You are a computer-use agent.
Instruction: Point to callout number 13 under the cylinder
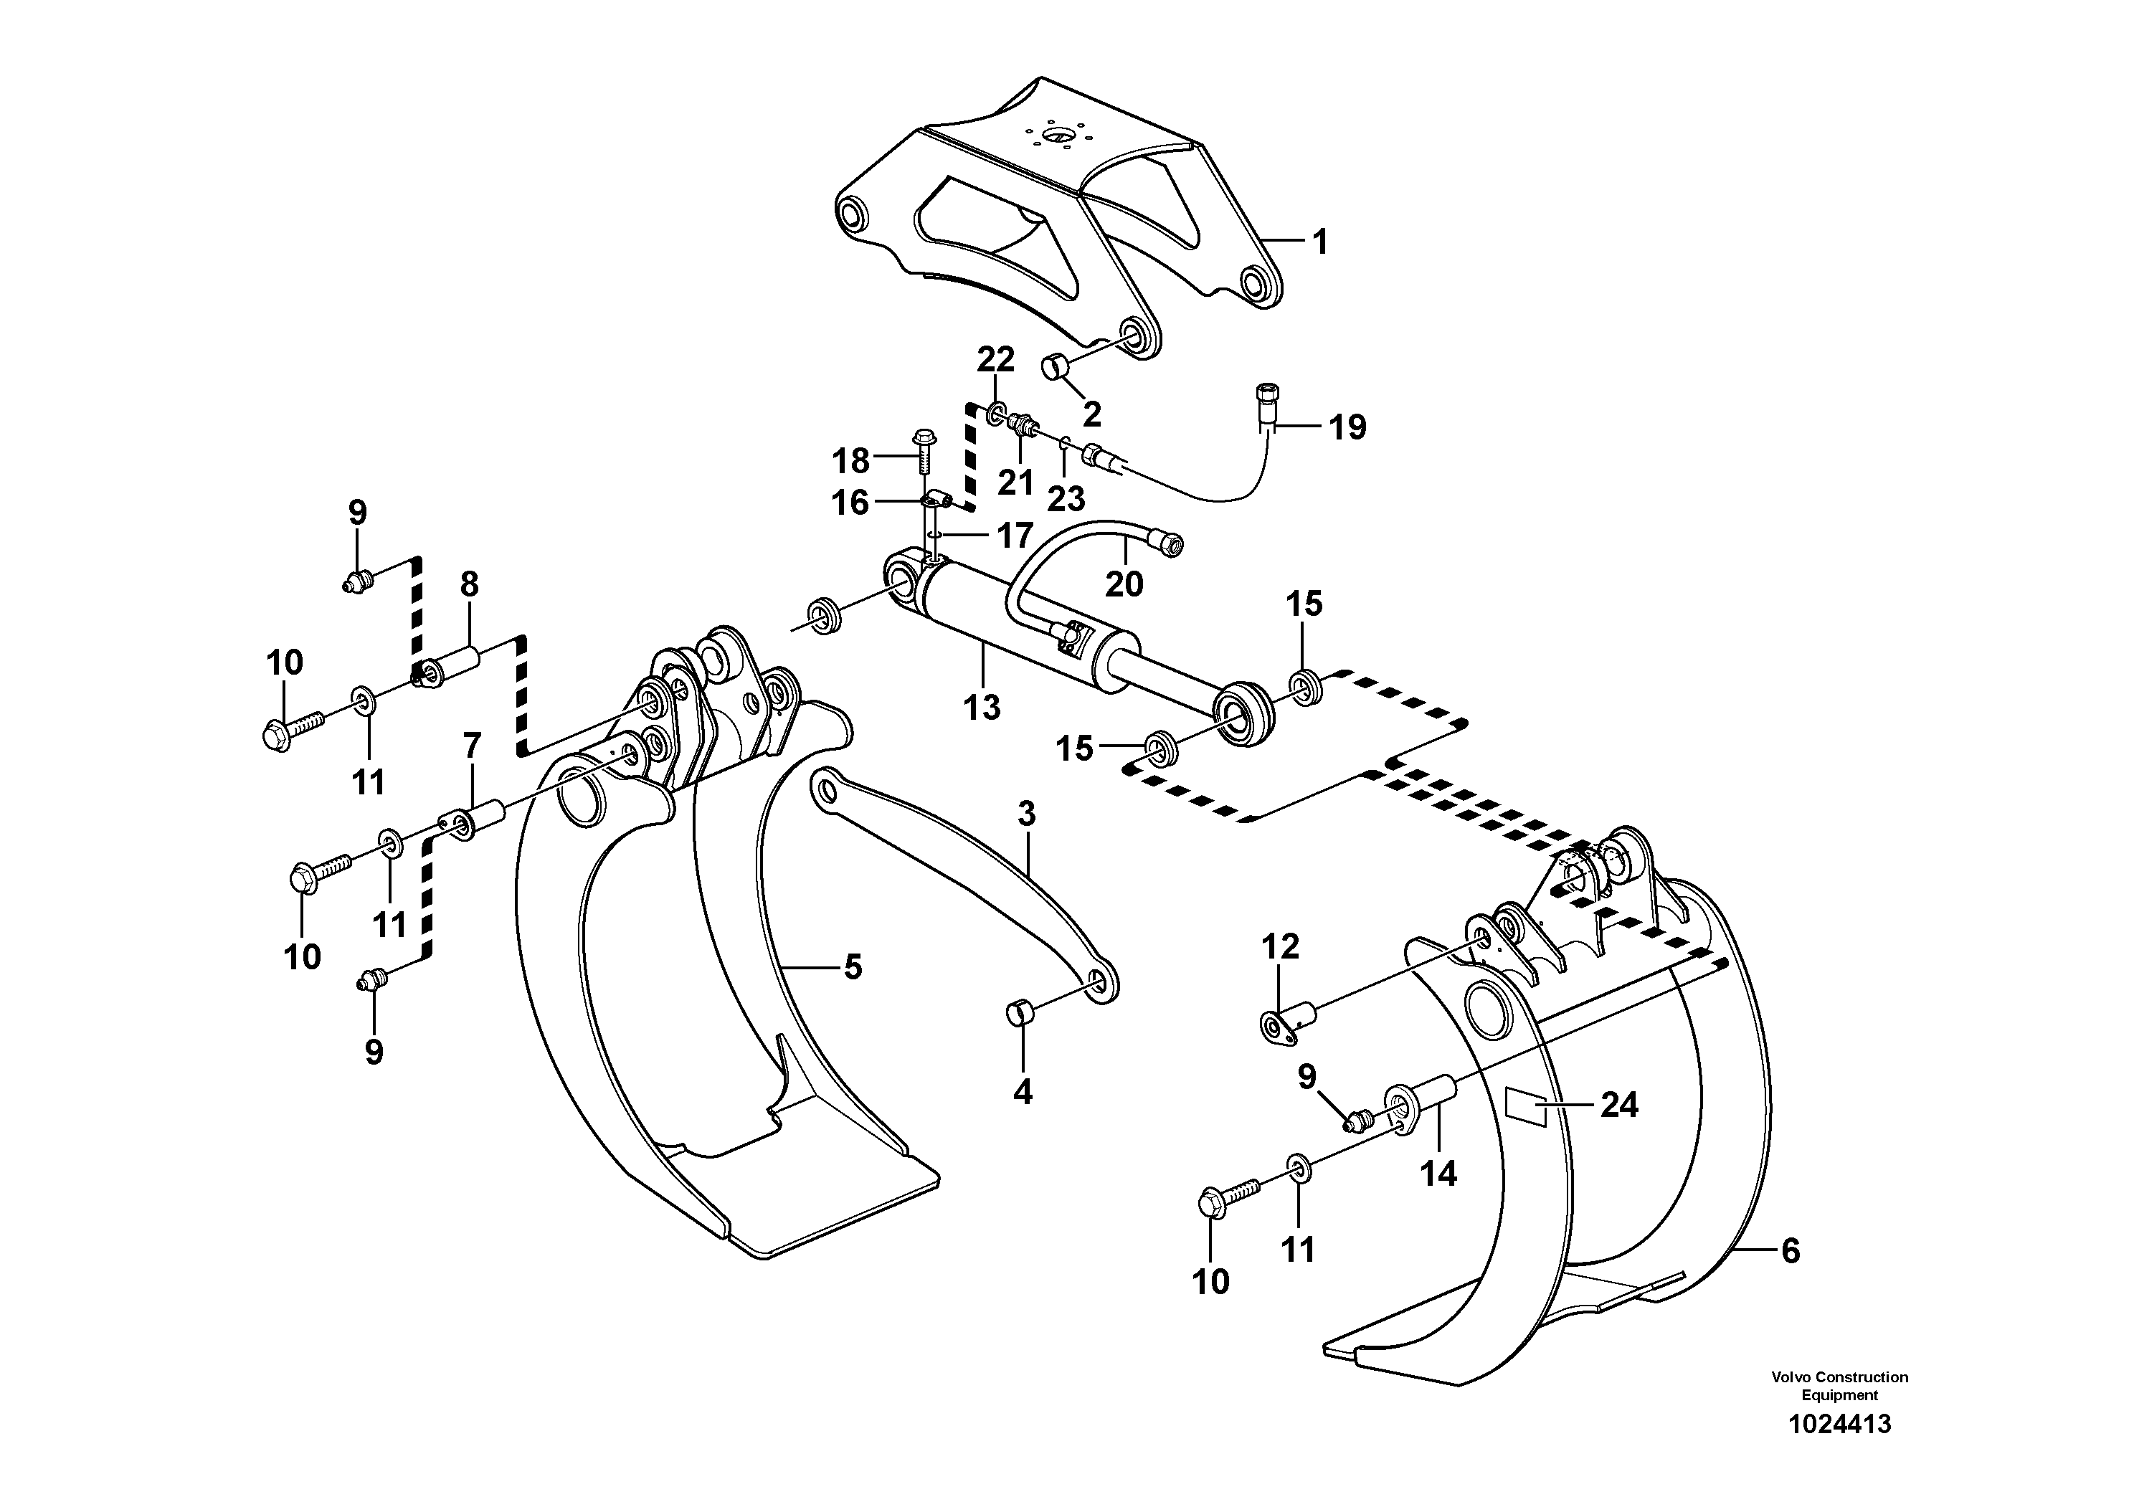point(982,707)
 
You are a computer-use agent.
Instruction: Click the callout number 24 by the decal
point(1619,1105)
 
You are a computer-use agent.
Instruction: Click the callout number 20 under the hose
point(1124,584)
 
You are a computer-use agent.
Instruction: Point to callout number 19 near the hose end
point(1347,427)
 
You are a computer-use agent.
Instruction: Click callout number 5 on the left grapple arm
point(853,967)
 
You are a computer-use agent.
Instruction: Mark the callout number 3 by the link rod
point(1025,815)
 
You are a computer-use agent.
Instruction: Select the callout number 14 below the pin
point(1438,1174)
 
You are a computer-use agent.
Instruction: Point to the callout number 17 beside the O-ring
point(1014,536)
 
